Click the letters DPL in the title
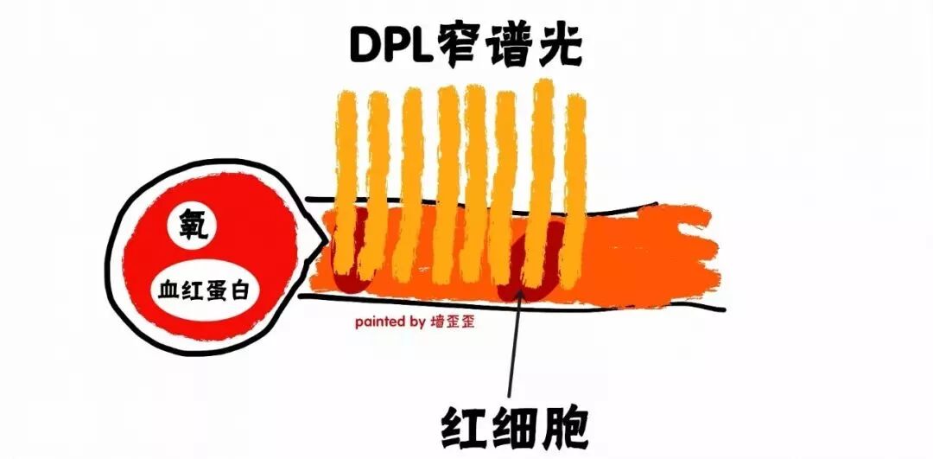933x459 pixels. tap(390, 44)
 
